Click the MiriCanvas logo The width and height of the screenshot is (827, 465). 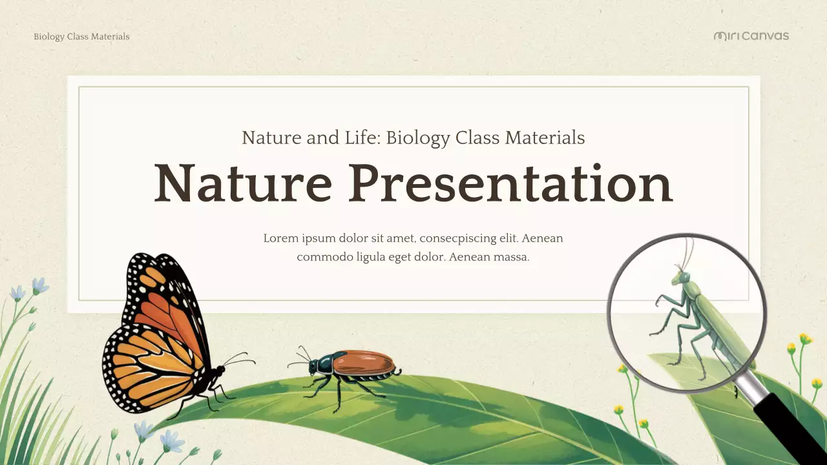(751, 36)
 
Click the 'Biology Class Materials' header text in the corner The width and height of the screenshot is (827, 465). (81, 37)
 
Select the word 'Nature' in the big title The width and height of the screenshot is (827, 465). (243, 183)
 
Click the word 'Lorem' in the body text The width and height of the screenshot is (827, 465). (281, 238)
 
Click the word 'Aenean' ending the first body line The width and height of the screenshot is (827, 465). (542, 238)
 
